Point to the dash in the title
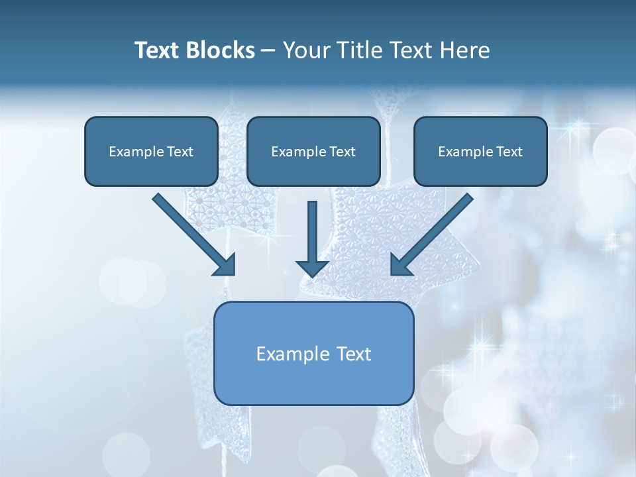(268, 51)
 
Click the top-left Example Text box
(151, 151)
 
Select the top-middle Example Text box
(313, 151)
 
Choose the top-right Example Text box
(480, 151)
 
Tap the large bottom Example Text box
(313, 353)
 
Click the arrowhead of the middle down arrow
(312, 267)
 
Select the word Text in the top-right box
(509, 152)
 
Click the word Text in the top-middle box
(342, 152)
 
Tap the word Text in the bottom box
(354, 354)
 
